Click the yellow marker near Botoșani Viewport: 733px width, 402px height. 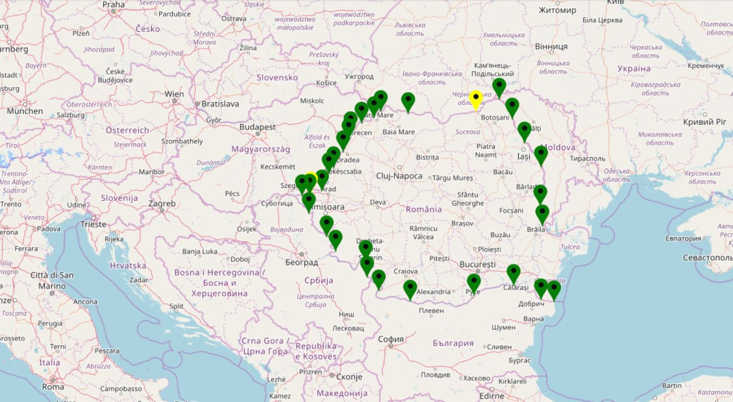pos(476,100)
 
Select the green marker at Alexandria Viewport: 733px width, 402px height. pos(410,289)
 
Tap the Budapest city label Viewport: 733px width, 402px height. pos(257,127)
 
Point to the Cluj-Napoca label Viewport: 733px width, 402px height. pos(399,176)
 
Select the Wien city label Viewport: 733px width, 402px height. pos(174,94)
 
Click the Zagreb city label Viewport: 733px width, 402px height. pos(162,204)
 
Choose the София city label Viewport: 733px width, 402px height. pos(391,339)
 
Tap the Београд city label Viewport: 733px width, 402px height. pos(301,262)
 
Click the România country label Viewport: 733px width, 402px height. pos(423,209)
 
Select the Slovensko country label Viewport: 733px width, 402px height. pos(277,77)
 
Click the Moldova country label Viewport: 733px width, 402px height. pos(558,147)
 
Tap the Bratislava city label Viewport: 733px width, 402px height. pos(220,104)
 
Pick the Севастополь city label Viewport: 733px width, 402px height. pos(707,257)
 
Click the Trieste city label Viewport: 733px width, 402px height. pos(93,224)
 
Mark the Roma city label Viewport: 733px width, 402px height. pos(53,387)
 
